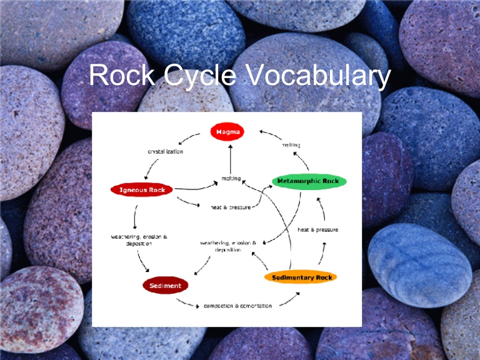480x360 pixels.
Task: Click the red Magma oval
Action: pyautogui.click(x=227, y=132)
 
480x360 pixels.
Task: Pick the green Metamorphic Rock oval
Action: pyautogui.click(x=309, y=181)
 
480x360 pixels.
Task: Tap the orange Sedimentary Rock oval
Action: pyautogui.click(x=301, y=277)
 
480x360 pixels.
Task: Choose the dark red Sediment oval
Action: pyautogui.click(x=165, y=286)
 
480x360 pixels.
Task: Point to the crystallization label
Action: pyautogui.click(x=165, y=151)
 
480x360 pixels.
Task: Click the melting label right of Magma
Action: pyautogui.click(x=291, y=145)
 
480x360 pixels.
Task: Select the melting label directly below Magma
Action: pyautogui.click(x=231, y=178)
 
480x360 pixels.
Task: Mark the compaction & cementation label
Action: pyautogui.click(x=237, y=306)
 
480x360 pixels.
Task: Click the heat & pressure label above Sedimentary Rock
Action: pyautogui.click(x=317, y=229)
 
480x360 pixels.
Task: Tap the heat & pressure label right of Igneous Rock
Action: pyautogui.click(x=231, y=206)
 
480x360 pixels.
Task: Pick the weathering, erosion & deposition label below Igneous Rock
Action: pyautogui.click(x=139, y=240)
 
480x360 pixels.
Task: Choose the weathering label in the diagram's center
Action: pyautogui.click(x=228, y=246)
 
